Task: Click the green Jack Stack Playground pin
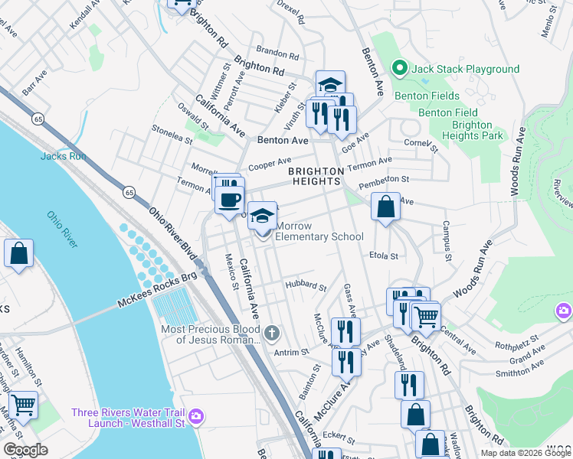click(x=398, y=69)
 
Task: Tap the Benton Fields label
click(x=427, y=96)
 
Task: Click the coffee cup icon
click(x=230, y=200)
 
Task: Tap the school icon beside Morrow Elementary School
click(x=262, y=216)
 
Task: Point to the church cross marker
click(x=272, y=334)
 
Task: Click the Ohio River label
click(x=62, y=229)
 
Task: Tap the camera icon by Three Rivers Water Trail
click(x=196, y=415)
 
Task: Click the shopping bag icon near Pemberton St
click(x=385, y=207)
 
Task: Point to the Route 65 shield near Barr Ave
click(x=37, y=119)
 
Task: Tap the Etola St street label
click(x=384, y=256)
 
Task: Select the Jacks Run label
click(x=62, y=157)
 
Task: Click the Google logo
click(x=26, y=450)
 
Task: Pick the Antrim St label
click(x=292, y=352)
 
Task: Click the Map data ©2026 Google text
click(x=525, y=453)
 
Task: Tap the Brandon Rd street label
click(x=277, y=54)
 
